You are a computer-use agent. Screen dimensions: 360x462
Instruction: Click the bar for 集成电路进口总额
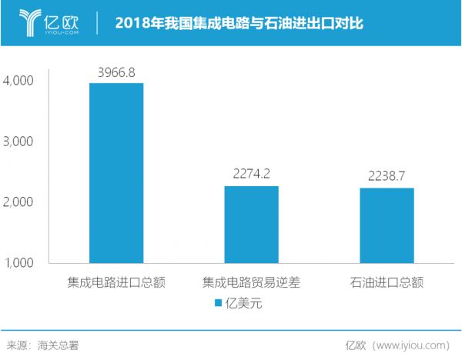coord(116,173)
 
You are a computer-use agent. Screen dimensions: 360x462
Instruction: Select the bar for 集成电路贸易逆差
coord(251,225)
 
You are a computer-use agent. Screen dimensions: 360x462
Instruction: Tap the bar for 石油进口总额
coord(386,225)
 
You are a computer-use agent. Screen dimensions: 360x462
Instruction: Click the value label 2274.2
coord(251,174)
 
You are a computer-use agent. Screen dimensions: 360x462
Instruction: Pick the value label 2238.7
coord(386,175)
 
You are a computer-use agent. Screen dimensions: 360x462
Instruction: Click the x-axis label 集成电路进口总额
coord(117,282)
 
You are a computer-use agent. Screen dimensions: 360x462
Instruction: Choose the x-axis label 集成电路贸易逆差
coord(251,282)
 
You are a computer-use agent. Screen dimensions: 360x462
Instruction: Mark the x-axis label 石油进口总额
coord(386,282)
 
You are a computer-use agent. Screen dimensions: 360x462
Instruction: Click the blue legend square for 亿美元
coord(217,303)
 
